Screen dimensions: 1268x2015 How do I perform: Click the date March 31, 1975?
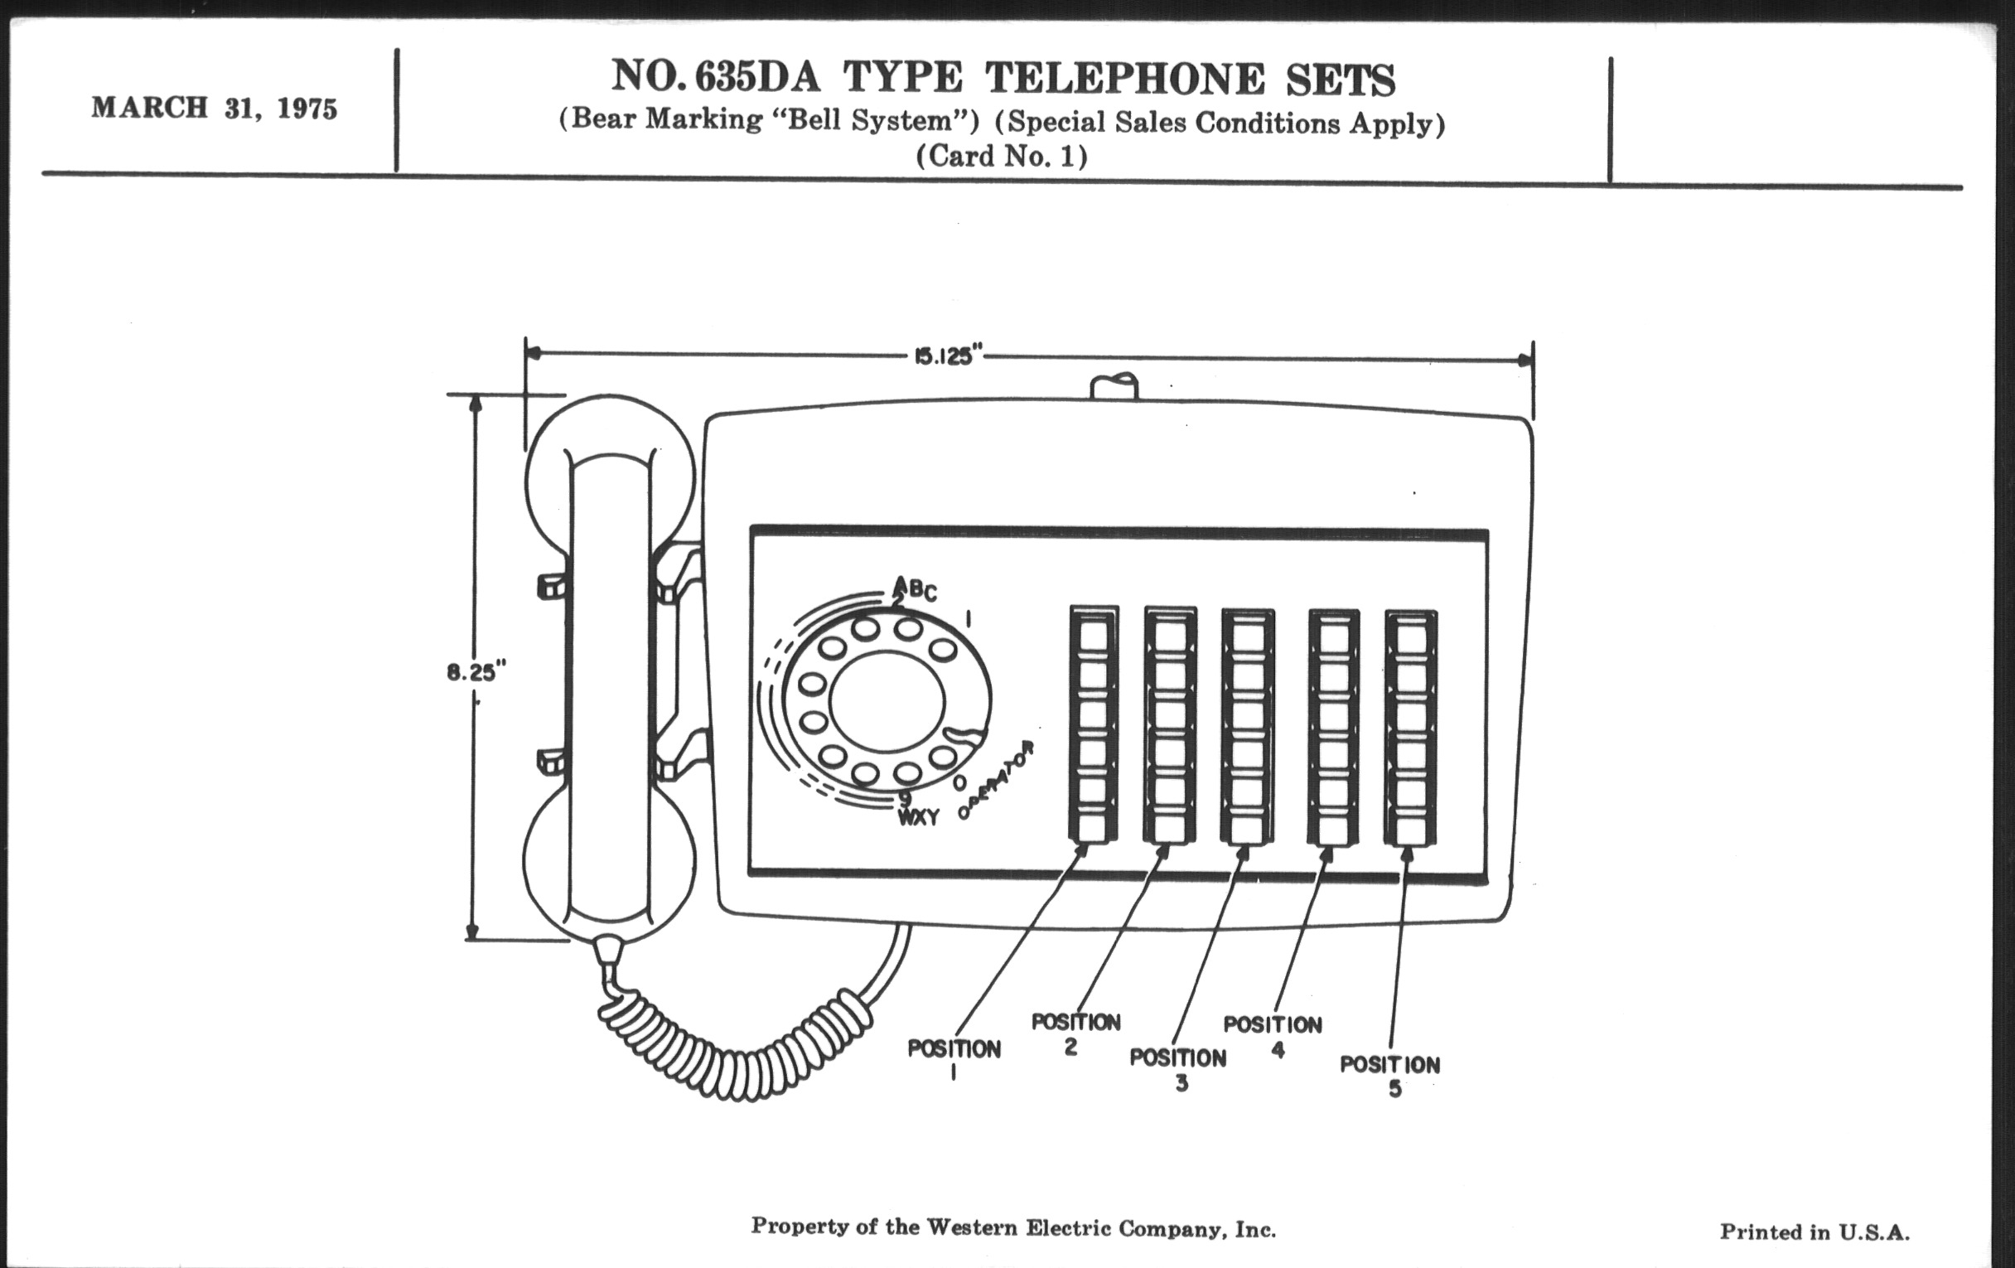(x=215, y=108)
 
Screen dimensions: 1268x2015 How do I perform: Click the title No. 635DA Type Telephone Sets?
(x=1003, y=78)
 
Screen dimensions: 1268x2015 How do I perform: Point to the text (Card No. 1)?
(x=1002, y=157)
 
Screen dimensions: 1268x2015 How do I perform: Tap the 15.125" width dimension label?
(x=943, y=356)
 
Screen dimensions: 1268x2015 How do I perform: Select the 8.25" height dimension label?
(x=476, y=672)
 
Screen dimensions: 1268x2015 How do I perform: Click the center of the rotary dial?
(x=887, y=701)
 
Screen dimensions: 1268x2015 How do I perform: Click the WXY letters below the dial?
(x=919, y=818)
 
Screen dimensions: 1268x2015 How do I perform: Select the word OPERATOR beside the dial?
(x=998, y=780)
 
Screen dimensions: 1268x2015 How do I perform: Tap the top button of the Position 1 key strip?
(x=1093, y=637)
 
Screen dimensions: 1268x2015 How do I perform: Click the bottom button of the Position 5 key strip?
(x=1411, y=830)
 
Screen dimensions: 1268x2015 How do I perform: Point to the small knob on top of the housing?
(x=1114, y=387)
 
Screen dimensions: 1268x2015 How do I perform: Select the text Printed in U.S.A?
(x=1814, y=1232)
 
